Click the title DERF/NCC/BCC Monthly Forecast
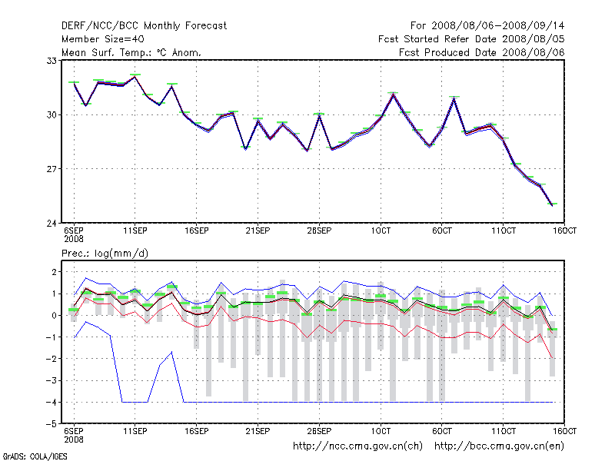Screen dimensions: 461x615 pos(144,25)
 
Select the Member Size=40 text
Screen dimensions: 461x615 pos(102,38)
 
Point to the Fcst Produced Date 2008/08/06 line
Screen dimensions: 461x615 pos(482,52)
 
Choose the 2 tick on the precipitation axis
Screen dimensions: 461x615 pos(55,272)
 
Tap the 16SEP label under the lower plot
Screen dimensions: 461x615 pos(197,431)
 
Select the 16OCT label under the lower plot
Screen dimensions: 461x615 pos(565,431)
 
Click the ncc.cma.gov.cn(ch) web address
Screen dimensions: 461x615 pos(358,446)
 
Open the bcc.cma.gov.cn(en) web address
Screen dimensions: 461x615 pos(500,446)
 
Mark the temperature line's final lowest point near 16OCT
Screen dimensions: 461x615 pos(551,204)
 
